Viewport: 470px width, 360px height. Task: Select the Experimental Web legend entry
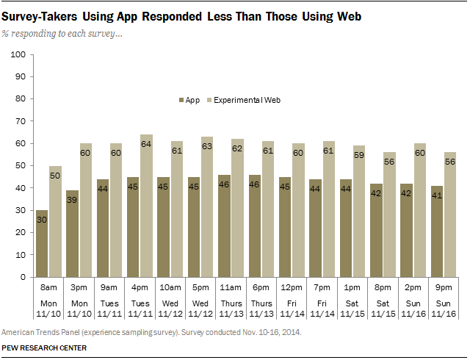(247, 99)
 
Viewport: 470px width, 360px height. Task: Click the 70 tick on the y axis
(20, 121)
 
